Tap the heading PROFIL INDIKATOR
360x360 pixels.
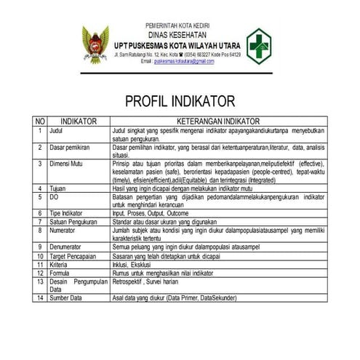tap(180, 101)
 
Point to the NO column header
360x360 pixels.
tap(41, 121)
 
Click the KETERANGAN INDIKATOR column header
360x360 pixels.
tap(228, 121)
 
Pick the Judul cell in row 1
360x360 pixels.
tap(56, 130)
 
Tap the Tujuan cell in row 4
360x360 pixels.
tap(58, 188)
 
